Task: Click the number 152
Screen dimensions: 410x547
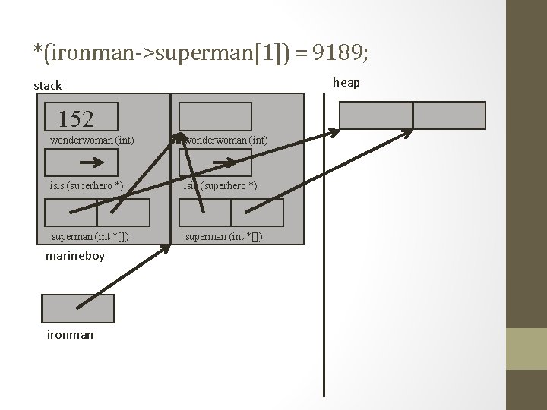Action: tap(76, 118)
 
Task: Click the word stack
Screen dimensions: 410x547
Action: tap(48, 86)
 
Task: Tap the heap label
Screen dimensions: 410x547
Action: tap(346, 82)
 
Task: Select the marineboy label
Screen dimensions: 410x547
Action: tap(75, 256)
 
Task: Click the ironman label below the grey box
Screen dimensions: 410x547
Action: tap(70, 334)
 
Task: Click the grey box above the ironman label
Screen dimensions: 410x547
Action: tap(77, 308)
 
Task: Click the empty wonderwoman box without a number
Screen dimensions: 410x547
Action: tap(215, 116)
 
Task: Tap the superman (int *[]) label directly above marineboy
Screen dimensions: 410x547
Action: tap(90, 237)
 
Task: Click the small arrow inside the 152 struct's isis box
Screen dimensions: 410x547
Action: tap(92, 162)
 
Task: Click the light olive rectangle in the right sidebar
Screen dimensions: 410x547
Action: tap(526, 348)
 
